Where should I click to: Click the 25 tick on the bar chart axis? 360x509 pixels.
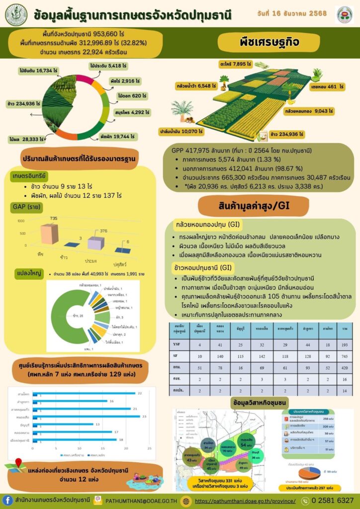[149, 449]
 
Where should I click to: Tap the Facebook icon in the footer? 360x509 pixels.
[8, 500]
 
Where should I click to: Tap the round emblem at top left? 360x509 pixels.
[16, 15]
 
